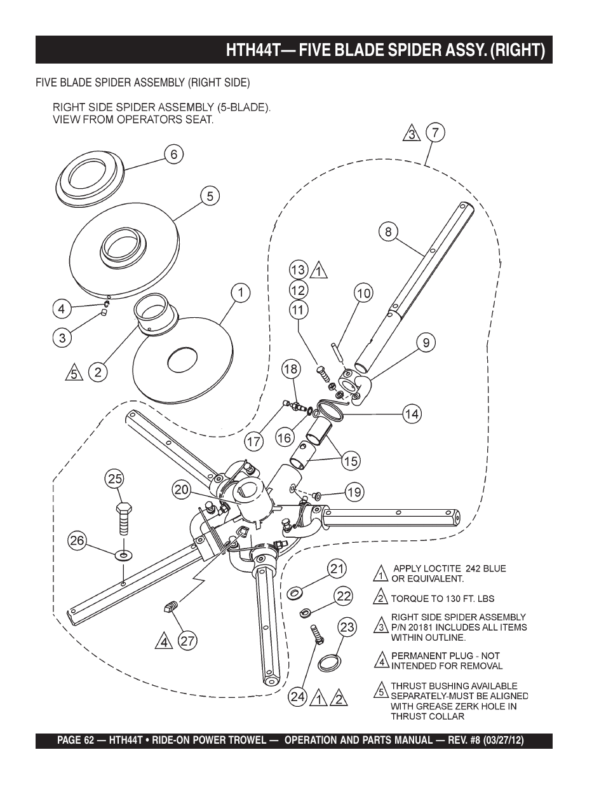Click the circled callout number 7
coord(435,133)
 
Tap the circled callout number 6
coord(173,154)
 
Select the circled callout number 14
coord(412,414)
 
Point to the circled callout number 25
coord(115,479)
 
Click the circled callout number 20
coord(182,490)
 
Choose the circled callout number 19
coord(354,492)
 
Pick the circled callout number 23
coord(347,627)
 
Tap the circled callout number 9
coord(426,342)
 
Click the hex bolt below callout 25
coord(124,519)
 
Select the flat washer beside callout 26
coord(124,554)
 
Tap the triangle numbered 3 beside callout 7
coord(412,133)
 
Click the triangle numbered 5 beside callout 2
coord(74,372)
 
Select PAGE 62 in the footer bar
coord(76,741)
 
